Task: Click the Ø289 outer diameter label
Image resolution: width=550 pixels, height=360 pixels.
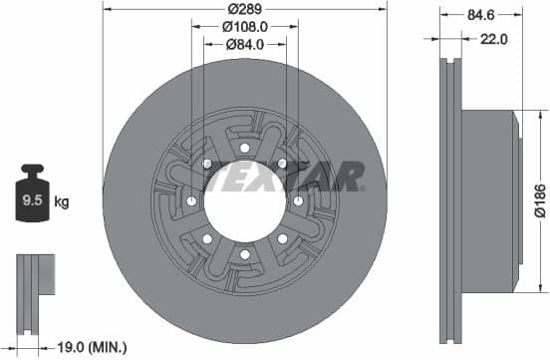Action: tap(244, 9)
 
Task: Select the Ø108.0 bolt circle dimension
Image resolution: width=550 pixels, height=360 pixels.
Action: tap(244, 26)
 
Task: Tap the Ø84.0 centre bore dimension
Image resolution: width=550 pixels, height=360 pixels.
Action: tap(244, 43)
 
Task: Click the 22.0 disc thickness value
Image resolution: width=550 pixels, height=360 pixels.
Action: tap(494, 39)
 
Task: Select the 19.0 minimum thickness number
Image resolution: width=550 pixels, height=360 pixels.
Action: tap(71, 347)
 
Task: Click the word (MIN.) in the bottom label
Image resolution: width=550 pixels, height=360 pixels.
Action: tap(107, 347)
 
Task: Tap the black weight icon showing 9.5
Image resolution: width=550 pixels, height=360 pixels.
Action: tap(31, 198)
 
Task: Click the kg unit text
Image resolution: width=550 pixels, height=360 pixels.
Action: tap(62, 202)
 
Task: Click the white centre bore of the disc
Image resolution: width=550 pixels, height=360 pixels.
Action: tap(244, 199)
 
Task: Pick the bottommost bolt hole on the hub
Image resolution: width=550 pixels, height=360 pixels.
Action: tap(244, 254)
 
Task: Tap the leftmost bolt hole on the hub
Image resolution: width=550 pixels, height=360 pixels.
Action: tap(190, 200)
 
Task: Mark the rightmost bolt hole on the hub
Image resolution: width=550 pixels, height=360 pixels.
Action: tap(299, 200)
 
